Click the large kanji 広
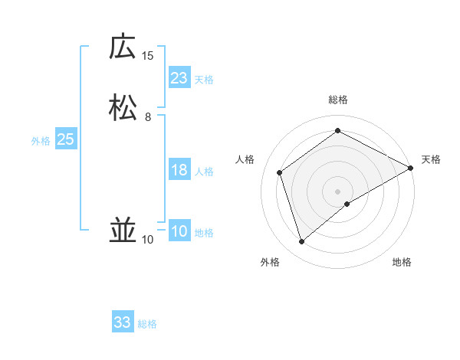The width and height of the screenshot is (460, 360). [x=123, y=47]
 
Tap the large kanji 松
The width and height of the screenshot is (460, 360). [x=123, y=107]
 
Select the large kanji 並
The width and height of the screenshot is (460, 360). [x=123, y=231]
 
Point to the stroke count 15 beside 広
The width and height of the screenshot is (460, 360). [x=148, y=56]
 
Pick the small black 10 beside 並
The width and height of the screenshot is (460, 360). [x=148, y=240]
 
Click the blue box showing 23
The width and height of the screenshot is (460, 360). [x=179, y=78]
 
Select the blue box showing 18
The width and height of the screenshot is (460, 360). [x=179, y=170]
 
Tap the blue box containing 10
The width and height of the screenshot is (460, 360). [x=179, y=231]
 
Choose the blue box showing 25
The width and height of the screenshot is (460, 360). [x=66, y=139]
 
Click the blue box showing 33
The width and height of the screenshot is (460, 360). [x=123, y=322]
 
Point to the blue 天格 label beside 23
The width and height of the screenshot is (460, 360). [x=204, y=80]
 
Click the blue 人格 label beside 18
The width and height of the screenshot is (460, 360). [x=204, y=172]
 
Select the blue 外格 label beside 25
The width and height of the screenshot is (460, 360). [x=41, y=141]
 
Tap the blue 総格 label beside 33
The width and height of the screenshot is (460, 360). [x=147, y=324]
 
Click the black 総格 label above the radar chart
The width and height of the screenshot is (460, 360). [x=338, y=100]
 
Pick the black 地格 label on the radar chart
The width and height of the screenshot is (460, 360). [x=402, y=263]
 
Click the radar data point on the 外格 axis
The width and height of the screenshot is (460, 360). [x=301, y=242]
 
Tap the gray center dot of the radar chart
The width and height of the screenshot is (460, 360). [x=338, y=191]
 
